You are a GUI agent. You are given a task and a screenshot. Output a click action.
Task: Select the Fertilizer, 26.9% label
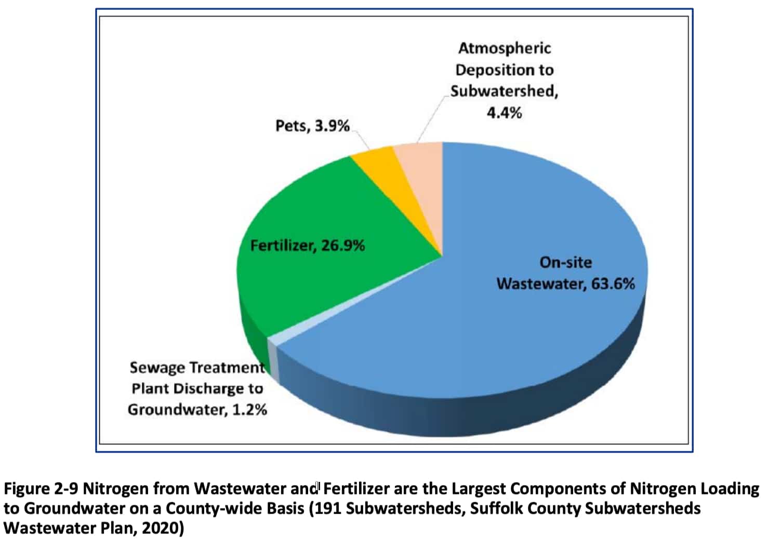point(308,245)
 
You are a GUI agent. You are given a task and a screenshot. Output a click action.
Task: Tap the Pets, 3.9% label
point(312,126)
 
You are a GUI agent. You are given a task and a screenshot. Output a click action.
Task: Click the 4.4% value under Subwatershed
point(504,113)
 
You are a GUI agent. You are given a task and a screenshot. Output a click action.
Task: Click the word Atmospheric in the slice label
point(504,48)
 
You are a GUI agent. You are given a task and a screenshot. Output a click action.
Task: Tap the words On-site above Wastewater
point(565,262)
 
